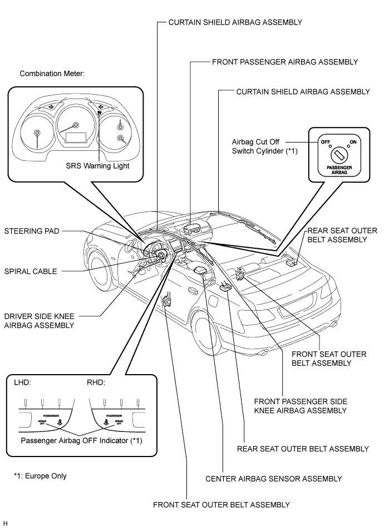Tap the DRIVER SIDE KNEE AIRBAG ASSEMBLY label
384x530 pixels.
click(40, 321)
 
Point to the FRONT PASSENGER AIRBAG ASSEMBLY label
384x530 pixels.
click(284, 62)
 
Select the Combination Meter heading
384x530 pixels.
click(52, 73)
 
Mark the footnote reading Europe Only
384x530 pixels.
click(40, 475)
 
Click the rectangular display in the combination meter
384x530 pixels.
click(75, 137)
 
